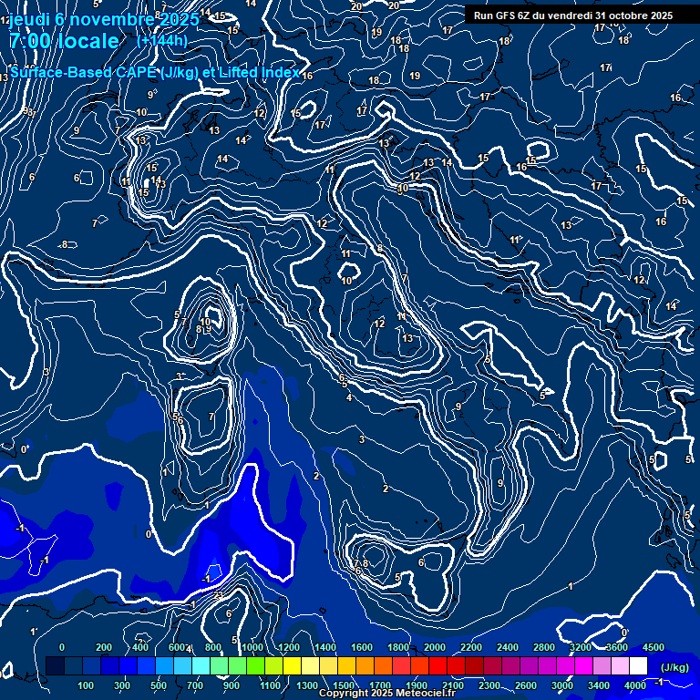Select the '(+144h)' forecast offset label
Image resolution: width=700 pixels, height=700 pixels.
[162, 41]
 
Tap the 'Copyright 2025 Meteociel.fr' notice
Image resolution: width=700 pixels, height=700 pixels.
[387, 693]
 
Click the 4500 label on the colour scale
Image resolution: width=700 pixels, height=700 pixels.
[654, 646]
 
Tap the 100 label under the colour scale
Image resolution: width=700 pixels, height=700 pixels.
[86, 685]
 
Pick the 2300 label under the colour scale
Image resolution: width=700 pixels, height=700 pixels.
[489, 685]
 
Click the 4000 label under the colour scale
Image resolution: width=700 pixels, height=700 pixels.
[635, 685]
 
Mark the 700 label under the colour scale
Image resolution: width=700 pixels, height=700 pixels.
[195, 685]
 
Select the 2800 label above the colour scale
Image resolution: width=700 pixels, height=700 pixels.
[544, 646]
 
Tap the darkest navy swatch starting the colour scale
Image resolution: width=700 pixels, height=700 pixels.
[55, 666]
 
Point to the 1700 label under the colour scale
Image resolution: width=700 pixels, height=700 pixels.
[380, 685]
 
